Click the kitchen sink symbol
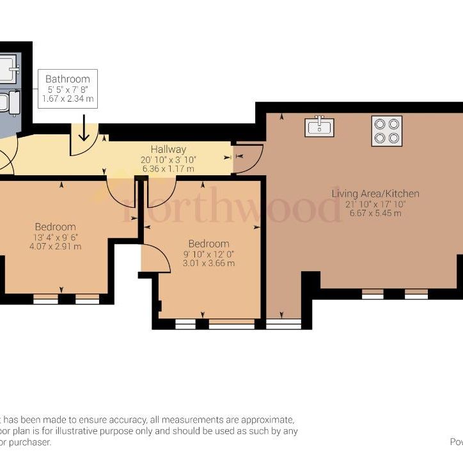[x=320, y=127]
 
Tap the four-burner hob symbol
[x=386, y=130]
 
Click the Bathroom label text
[x=67, y=79]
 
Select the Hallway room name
[x=168, y=150]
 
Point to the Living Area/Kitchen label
[x=375, y=193]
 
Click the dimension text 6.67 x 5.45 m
[x=375, y=213]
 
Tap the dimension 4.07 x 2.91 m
[x=55, y=246]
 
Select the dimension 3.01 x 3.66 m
[x=208, y=263]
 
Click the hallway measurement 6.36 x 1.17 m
[x=168, y=169]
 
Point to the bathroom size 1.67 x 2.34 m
[x=67, y=99]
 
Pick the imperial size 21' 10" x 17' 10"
[x=375, y=203]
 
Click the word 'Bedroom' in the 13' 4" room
[x=55, y=226]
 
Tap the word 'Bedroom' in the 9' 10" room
[x=208, y=244]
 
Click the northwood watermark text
[x=230, y=208]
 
